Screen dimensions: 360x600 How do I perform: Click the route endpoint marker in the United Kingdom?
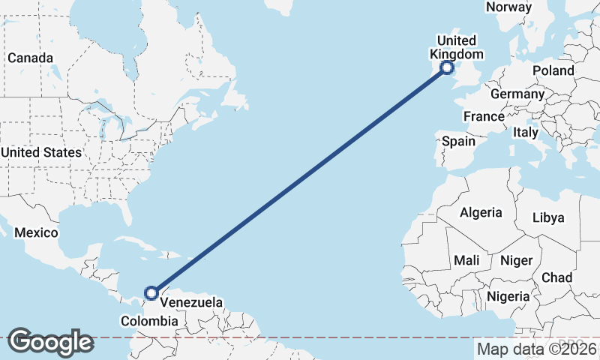point(447,68)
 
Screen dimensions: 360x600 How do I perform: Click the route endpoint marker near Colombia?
point(151,292)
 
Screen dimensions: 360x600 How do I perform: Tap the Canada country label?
point(30,58)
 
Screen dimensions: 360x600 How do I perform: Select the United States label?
point(40,152)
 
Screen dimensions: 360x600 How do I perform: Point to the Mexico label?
point(36,232)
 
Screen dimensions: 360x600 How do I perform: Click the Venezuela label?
point(192,303)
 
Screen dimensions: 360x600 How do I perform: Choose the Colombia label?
point(149,321)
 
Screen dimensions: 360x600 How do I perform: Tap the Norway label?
point(508,7)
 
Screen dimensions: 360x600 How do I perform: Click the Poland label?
point(553,70)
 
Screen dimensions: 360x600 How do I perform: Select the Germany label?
point(517,94)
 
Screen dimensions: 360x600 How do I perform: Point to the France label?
point(483,116)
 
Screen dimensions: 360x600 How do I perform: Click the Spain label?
point(458,141)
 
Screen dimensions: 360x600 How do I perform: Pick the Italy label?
point(526,132)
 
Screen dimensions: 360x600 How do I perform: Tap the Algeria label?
point(481,212)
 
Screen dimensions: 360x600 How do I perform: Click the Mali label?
point(466,260)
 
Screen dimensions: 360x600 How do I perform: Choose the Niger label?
point(516,260)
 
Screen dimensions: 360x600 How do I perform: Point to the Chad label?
point(556,277)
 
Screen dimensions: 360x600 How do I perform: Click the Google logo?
point(50,341)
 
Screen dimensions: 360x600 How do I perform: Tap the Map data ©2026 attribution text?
point(537,349)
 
